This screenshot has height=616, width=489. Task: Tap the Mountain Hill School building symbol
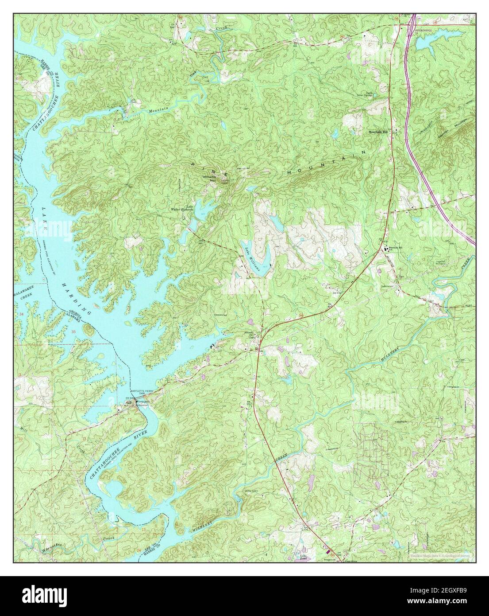pyautogui.click(x=385, y=249)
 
